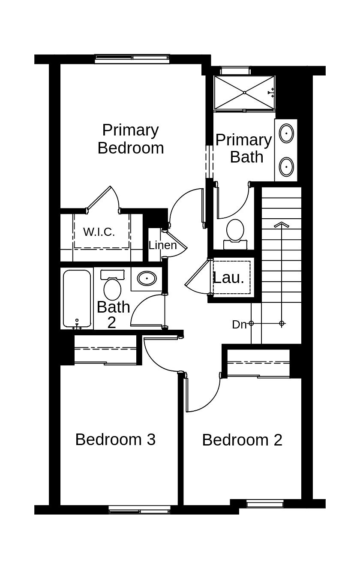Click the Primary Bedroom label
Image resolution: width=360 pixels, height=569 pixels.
click(x=130, y=138)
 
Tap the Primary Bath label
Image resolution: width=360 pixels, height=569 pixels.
click(x=243, y=148)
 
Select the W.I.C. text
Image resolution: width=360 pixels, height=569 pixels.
click(x=99, y=232)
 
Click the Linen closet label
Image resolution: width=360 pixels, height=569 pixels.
click(x=162, y=245)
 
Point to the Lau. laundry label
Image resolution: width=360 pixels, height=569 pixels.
click(x=229, y=277)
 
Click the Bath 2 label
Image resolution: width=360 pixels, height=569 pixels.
click(x=113, y=314)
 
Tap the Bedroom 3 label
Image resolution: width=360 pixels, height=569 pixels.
click(x=115, y=440)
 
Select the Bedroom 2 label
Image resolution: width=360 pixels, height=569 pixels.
click(x=242, y=440)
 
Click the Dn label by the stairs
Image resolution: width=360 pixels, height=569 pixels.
click(x=239, y=325)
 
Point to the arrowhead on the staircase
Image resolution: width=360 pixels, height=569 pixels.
click(x=281, y=225)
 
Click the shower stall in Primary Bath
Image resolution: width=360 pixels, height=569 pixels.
click(x=244, y=93)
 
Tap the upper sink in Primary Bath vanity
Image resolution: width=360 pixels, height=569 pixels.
click(x=286, y=133)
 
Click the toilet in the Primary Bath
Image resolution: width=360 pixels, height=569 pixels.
click(x=235, y=232)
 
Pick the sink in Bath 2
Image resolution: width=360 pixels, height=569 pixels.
click(x=147, y=279)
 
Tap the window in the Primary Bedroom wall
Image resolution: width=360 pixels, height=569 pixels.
click(x=132, y=59)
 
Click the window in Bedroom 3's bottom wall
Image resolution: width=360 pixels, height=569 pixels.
click(x=139, y=510)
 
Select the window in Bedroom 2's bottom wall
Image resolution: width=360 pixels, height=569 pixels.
click(x=265, y=504)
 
